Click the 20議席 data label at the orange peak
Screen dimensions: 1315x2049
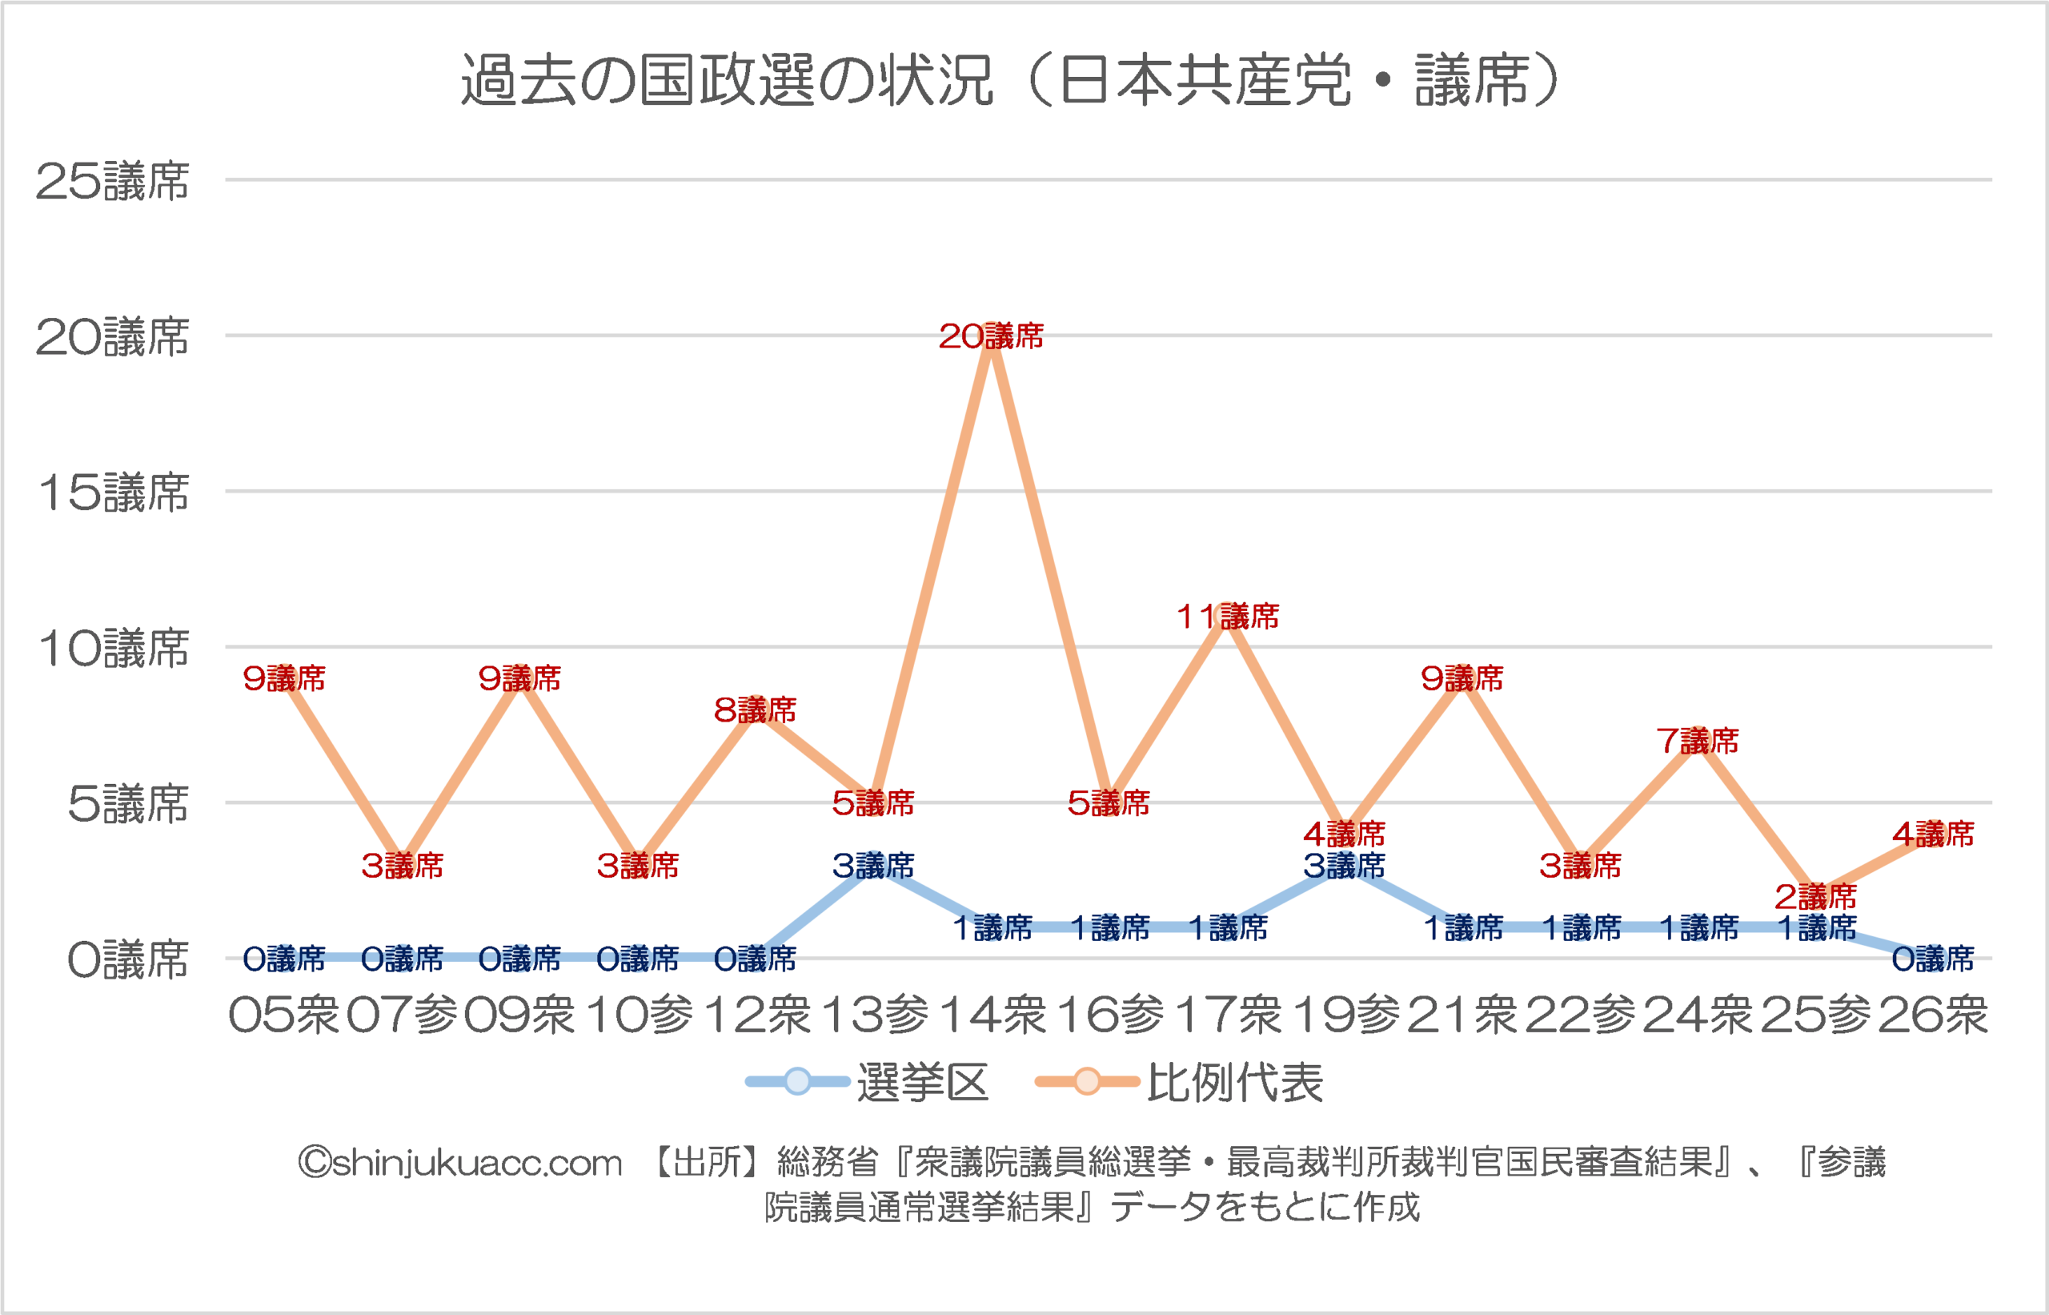[x=991, y=336]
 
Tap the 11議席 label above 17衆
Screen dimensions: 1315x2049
[x=1227, y=617]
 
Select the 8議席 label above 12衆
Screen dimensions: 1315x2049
[x=756, y=710]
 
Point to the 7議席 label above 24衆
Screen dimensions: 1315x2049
[x=1698, y=740]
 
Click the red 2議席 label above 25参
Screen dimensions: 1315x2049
[x=1815, y=897]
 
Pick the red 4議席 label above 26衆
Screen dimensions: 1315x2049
[x=1933, y=834]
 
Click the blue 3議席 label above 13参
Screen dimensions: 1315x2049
[x=873, y=866]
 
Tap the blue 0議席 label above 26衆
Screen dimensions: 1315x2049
[x=1933, y=959]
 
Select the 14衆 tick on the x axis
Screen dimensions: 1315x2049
[x=992, y=1015]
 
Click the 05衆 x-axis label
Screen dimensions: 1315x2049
[x=284, y=1015]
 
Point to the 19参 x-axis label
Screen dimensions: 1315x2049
[x=1345, y=1015]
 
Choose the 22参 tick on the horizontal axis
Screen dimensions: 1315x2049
[x=1581, y=1015]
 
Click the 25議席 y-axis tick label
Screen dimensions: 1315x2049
[x=112, y=181]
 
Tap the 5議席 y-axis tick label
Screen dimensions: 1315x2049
[x=128, y=804]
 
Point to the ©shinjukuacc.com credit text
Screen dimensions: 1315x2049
[x=460, y=1163]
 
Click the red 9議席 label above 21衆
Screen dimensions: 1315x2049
[x=1462, y=679]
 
